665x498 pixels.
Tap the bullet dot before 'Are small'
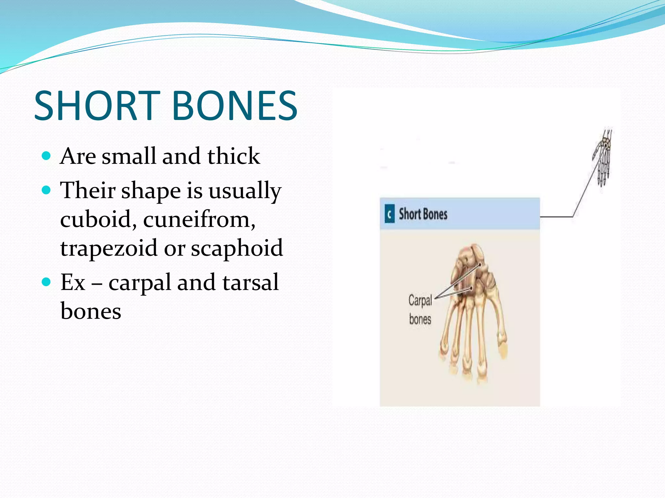[46, 156]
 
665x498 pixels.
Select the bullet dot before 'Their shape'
[46, 190]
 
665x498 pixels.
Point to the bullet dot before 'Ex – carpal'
[46, 282]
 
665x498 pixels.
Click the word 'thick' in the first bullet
[233, 156]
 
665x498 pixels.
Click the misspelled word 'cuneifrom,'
[199, 219]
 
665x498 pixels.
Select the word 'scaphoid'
[237, 248]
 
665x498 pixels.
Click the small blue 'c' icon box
[389, 214]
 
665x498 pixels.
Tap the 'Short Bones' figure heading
[423, 214]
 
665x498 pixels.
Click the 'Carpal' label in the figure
[420, 300]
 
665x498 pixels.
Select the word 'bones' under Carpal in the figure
[420, 319]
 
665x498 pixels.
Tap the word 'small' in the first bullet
[129, 156]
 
